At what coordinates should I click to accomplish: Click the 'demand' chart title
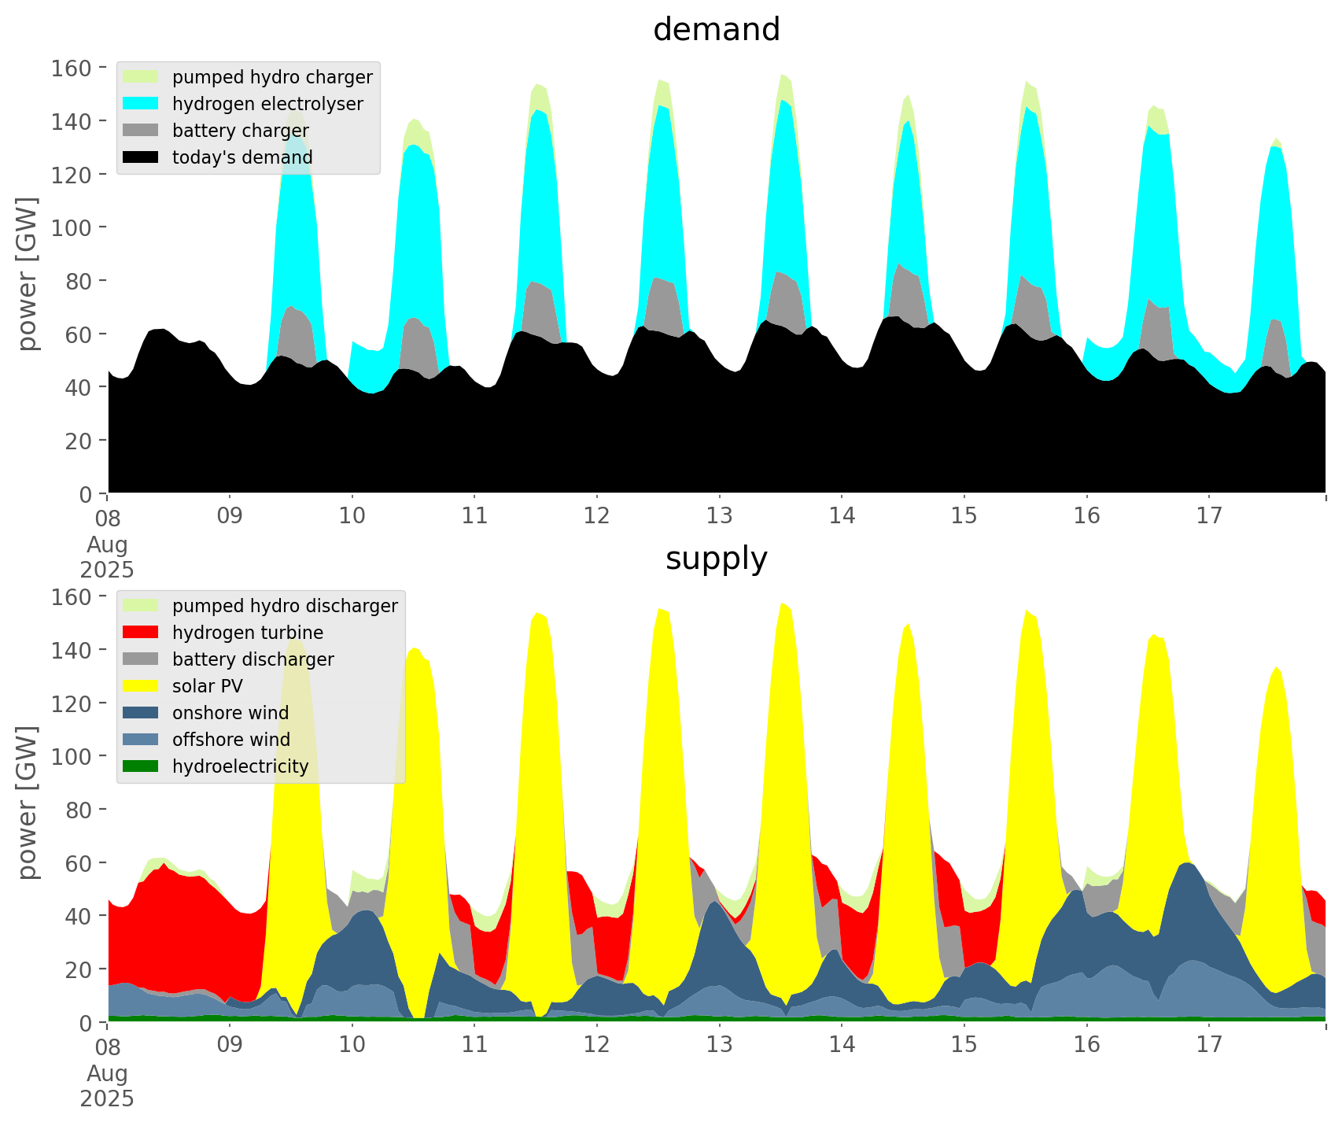click(716, 30)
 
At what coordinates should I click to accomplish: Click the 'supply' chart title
click(716, 559)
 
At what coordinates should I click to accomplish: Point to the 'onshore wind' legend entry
click(230, 713)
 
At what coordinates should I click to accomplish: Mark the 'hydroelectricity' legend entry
click(240, 766)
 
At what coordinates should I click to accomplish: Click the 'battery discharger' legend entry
click(253, 659)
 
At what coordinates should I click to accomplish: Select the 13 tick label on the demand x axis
click(719, 516)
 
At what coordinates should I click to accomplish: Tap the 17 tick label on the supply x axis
click(1209, 1045)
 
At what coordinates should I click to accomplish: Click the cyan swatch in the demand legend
click(141, 104)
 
